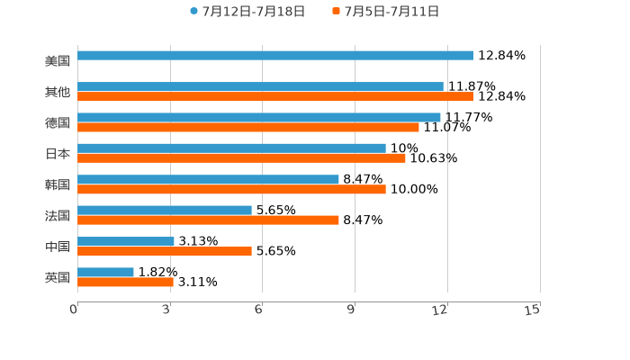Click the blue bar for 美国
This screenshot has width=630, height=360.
[274, 56]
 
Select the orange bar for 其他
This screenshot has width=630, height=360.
[274, 96]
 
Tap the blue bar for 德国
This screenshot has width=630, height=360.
[259, 117]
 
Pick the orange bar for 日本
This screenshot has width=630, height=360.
[241, 158]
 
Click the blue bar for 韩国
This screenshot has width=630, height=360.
[208, 179]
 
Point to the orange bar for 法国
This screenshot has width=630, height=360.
[208, 220]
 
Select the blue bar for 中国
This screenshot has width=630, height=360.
[126, 241]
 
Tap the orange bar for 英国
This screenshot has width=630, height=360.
[125, 282]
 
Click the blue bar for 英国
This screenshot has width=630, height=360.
[105, 272]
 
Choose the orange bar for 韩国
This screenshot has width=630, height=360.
[231, 189]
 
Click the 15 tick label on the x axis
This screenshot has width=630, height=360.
[532, 310]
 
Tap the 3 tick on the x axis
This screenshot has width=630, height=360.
[167, 310]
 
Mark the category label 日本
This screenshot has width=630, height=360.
[58, 154]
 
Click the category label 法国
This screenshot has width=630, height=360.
[58, 215]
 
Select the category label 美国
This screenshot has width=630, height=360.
[58, 61]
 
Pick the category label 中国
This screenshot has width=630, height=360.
[58, 247]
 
